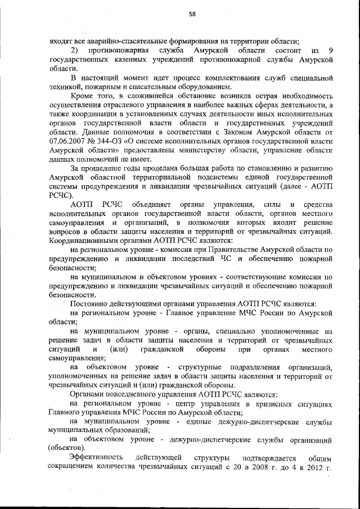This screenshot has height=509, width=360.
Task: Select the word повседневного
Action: point(132,395)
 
